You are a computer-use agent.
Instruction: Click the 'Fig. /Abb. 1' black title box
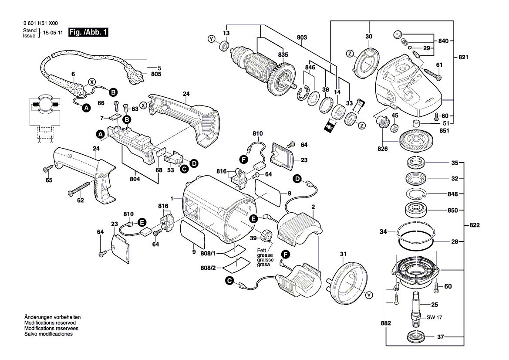coord(88,32)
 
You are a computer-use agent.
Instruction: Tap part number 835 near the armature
coord(283,54)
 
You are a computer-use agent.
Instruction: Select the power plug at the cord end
coord(133,74)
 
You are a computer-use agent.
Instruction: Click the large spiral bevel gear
coord(416,142)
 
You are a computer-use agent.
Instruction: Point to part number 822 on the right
coord(475,225)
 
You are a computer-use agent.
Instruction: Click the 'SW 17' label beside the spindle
coord(435,317)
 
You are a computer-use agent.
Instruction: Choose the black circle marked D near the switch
coord(194,163)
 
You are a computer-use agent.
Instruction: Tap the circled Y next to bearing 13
coord(212,39)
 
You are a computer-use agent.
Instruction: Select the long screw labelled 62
coord(78,189)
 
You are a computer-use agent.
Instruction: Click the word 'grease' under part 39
coord(265,255)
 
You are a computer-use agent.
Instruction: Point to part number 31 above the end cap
coord(343,254)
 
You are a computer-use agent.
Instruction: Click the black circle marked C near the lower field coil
coord(230,281)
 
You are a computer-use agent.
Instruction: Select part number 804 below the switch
coord(135,179)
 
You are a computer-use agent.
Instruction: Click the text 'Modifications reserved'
coord(50,323)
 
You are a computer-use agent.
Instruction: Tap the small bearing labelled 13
coord(224,46)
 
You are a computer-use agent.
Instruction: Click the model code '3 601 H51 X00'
coord(40,24)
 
